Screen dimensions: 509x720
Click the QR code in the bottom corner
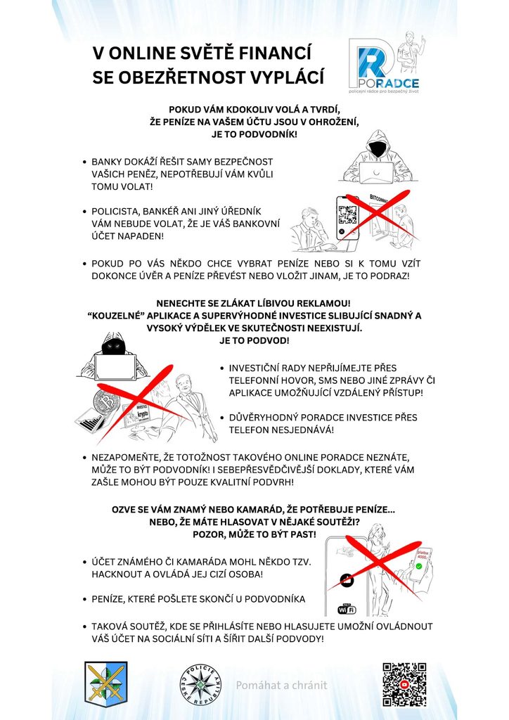(x=404, y=684)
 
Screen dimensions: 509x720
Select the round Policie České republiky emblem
(x=200, y=685)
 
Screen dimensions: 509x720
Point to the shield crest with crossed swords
(x=106, y=683)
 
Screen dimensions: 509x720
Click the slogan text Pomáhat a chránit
(x=281, y=685)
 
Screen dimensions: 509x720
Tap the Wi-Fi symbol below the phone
(x=347, y=610)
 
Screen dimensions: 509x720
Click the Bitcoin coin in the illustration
(x=106, y=402)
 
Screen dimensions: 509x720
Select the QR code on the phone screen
(x=347, y=215)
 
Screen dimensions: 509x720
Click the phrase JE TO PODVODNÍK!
(x=254, y=134)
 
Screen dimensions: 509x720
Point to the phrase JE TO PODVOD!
(x=254, y=341)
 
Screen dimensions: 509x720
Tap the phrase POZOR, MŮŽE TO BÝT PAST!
(x=254, y=534)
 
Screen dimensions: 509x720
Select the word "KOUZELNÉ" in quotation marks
(x=113, y=316)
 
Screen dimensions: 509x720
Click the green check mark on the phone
(x=418, y=566)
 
